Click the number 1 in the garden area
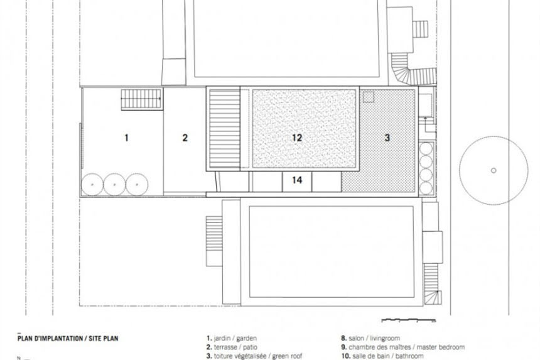(x=126, y=138)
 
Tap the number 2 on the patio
(x=185, y=138)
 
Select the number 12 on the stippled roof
(x=297, y=138)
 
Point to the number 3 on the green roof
(x=387, y=138)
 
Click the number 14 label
(x=297, y=180)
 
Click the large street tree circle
(x=494, y=136)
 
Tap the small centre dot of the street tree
(x=494, y=170)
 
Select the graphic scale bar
(x=408, y=320)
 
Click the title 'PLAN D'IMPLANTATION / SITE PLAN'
(x=68, y=338)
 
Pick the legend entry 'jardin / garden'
(x=232, y=338)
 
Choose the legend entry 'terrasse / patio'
(x=232, y=347)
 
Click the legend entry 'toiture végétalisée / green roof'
(x=254, y=356)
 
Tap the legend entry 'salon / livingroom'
(x=370, y=338)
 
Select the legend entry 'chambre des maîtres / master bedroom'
(x=403, y=347)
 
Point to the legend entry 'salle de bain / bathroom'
(x=382, y=356)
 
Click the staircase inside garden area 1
(x=141, y=99)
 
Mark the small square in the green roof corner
(x=368, y=97)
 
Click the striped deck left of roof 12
(x=225, y=129)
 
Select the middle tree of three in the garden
(x=115, y=185)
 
